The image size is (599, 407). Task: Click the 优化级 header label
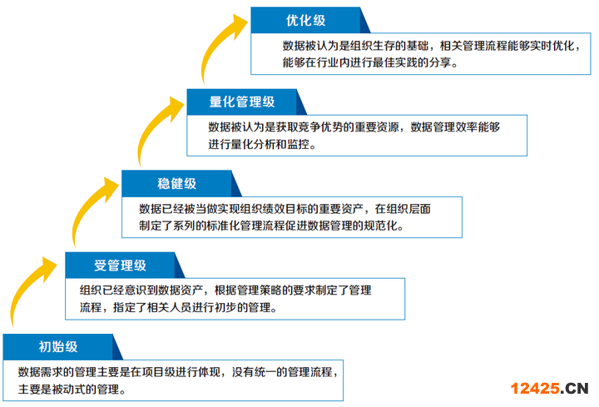[305, 20]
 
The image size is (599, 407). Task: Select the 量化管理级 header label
[242, 102]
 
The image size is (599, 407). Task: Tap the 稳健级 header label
[176, 183]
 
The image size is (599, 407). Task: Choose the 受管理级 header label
[120, 266]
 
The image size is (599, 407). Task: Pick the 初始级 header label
[58, 346]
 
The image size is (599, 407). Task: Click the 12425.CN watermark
[549, 389]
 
